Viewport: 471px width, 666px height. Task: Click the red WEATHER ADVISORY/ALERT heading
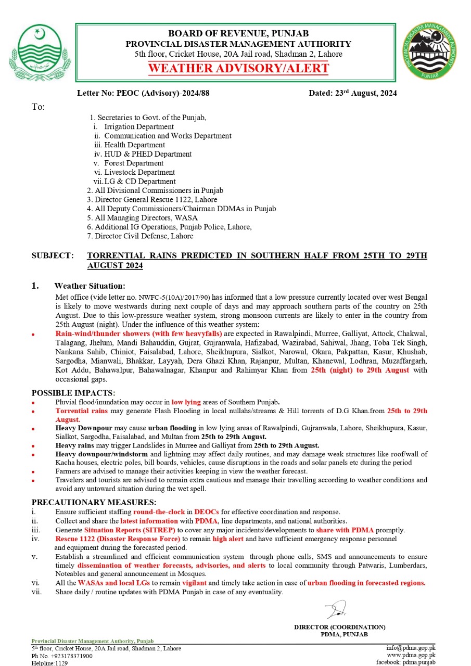coord(238,68)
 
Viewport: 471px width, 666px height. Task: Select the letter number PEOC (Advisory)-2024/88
coord(143,94)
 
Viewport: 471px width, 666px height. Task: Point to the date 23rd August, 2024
coord(353,94)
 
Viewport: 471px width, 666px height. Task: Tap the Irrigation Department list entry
coord(139,126)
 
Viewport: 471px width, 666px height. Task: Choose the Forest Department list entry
coord(134,163)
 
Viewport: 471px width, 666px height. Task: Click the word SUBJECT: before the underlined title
coord(52,256)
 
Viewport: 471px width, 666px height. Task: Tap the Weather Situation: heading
coord(90,286)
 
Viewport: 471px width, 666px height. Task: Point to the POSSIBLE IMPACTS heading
coord(73,392)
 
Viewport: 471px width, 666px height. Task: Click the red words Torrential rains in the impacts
coord(82,411)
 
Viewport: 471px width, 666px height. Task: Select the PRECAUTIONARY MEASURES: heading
coord(94,502)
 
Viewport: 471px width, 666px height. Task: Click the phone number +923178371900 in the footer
coord(69,656)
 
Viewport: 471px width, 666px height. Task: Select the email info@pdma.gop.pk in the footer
coord(411,648)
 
